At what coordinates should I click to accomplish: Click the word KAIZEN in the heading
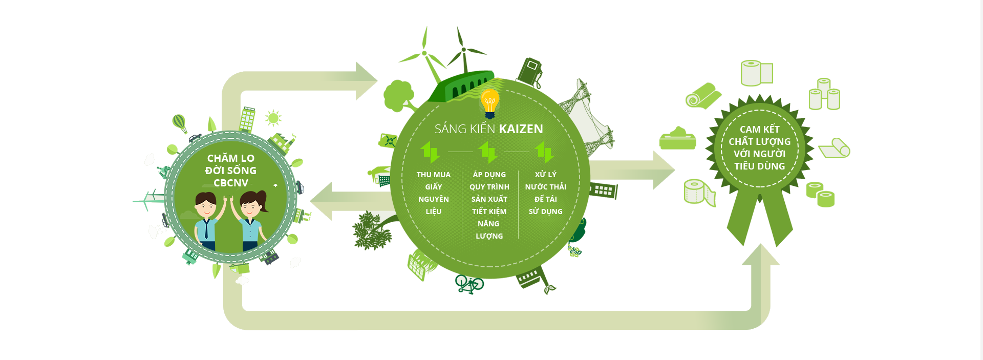coord(521,129)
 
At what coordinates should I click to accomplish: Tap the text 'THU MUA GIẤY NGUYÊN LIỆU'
coord(434,193)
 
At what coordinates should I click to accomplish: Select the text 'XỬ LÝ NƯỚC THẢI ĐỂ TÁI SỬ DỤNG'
coord(546,193)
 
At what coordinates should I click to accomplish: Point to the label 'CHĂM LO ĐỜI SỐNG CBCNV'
coord(231,171)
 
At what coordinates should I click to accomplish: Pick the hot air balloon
coord(179,123)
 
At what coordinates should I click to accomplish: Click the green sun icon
coord(273,118)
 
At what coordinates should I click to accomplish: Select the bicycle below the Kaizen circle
coord(469,284)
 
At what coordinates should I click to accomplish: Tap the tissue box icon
coord(678,138)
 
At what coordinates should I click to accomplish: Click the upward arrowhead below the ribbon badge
coord(761,255)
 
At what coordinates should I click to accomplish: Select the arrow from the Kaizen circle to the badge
coord(632,170)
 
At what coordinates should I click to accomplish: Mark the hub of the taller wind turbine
coord(463,50)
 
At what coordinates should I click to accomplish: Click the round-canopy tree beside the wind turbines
coord(399,96)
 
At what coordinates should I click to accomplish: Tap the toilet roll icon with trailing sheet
coord(699,193)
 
